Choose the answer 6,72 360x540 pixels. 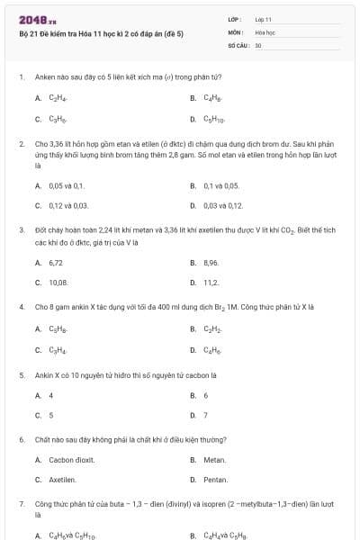(56, 262)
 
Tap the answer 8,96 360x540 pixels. (211, 262)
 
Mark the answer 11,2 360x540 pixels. (211, 283)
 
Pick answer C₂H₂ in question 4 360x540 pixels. (211, 328)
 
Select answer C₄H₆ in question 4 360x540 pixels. (211, 349)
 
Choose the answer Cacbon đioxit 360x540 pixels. (67, 459)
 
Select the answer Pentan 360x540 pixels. (215, 480)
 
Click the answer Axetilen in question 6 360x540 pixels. (62, 480)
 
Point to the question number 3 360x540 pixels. (21, 230)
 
